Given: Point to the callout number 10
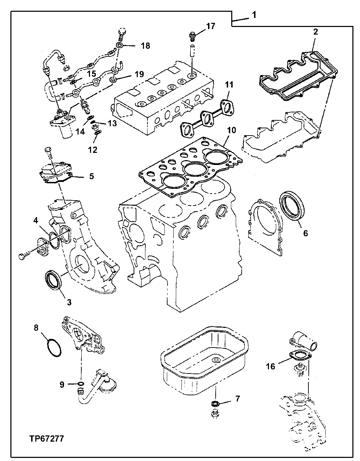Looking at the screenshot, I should click(231, 131).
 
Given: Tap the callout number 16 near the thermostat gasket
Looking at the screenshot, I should click(270, 366).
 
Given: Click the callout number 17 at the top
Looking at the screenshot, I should click(211, 26).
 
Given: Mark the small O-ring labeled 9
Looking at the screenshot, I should click(81, 384).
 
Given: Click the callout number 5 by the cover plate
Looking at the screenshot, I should click(91, 176).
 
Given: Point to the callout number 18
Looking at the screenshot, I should click(145, 46).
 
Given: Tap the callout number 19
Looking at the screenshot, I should click(139, 74).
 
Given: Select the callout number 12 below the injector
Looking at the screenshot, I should click(92, 149).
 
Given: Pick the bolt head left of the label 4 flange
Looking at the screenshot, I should click(22, 256).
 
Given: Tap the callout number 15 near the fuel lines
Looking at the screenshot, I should click(91, 74).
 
